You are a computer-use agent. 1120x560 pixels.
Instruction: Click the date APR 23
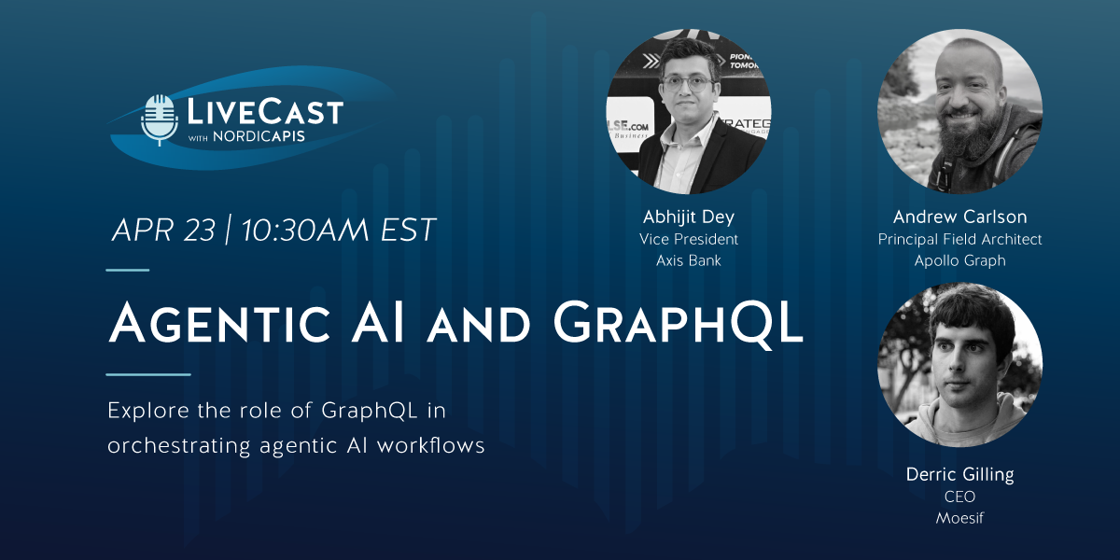point(162,231)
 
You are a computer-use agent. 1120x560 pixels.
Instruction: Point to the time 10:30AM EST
point(338,231)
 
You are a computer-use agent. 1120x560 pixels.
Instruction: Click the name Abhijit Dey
point(689,217)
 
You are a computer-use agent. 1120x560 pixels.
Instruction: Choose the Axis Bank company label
point(689,260)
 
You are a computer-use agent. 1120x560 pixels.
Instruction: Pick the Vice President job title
point(689,239)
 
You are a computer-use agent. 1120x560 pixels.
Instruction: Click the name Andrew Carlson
point(959,217)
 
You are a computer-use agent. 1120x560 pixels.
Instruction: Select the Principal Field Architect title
point(959,239)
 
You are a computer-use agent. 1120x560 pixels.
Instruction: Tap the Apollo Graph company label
point(959,260)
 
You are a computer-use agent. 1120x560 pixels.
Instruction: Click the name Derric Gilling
point(959,475)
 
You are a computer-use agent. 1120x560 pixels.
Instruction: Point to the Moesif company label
point(959,518)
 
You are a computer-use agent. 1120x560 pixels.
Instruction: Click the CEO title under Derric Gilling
point(959,497)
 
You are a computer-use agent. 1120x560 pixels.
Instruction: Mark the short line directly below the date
point(128,270)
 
